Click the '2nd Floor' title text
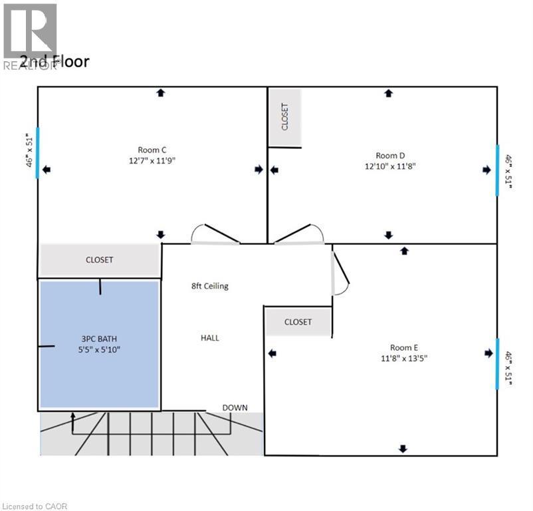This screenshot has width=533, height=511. pyautogui.click(x=54, y=62)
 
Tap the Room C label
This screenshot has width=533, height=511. pyautogui.click(x=152, y=149)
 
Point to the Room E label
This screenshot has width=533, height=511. pyautogui.click(x=404, y=347)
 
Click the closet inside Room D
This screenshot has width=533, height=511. pyautogui.click(x=284, y=118)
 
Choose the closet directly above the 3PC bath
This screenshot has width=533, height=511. pyautogui.click(x=100, y=259)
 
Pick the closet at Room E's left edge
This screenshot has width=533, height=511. pyautogui.click(x=298, y=322)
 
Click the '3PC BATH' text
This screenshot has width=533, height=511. pyautogui.click(x=100, y=338)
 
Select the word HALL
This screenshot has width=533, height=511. pyautogui.click(x=210, y=337)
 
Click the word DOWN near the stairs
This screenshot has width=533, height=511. pyautogui.click(x=235, y=407)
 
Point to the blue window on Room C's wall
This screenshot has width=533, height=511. pyautogui.click(x=38, y=152)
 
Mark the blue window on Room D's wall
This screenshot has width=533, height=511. pyautogui.click(x=497, y=170)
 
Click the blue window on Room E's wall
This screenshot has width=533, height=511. pyautogui.click(x=497, y=363)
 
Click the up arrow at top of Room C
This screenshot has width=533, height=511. pyautogui.click(x=160, y=93)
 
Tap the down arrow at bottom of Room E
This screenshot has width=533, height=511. pyautogui.click(x=403, y=449)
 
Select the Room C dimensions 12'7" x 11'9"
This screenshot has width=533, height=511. pyautogui.click(x=152, y=160)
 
